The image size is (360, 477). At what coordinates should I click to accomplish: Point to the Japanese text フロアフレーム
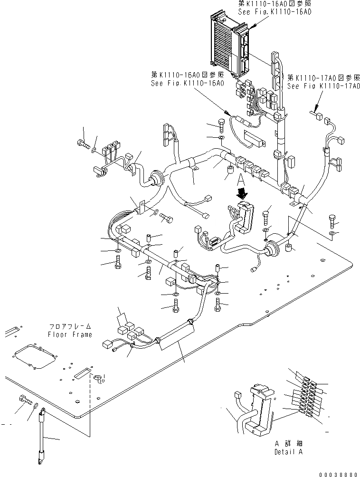(69, 327)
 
